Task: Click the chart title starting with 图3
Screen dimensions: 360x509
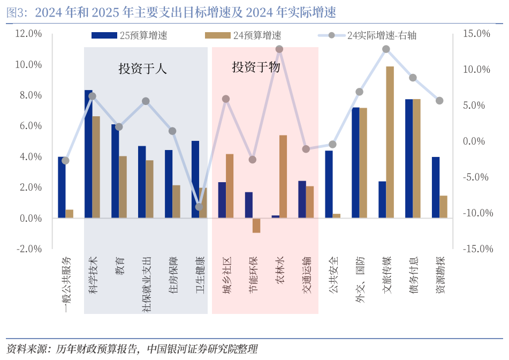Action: (171, 12)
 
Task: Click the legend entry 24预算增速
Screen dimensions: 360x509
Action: (244, 36)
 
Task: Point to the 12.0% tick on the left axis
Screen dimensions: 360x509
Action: (29, 34)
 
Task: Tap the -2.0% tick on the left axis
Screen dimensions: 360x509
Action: (29, 249)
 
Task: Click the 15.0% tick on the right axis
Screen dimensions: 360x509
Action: (476, 34)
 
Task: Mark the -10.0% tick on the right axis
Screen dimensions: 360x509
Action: (475, 213)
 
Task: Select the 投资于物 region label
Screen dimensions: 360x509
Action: (256, 67)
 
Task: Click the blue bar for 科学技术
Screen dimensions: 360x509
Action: (88, 154)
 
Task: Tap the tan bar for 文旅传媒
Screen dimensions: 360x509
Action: (390, 142)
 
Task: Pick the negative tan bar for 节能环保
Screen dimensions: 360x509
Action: (256, 226)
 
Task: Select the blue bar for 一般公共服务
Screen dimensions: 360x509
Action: (62, 187)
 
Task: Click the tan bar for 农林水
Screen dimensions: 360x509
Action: (283, 177)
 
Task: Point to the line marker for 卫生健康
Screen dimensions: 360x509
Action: (199, 207)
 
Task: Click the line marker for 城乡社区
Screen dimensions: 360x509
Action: (226, 99)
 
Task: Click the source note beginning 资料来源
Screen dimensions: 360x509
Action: (132, 349)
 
